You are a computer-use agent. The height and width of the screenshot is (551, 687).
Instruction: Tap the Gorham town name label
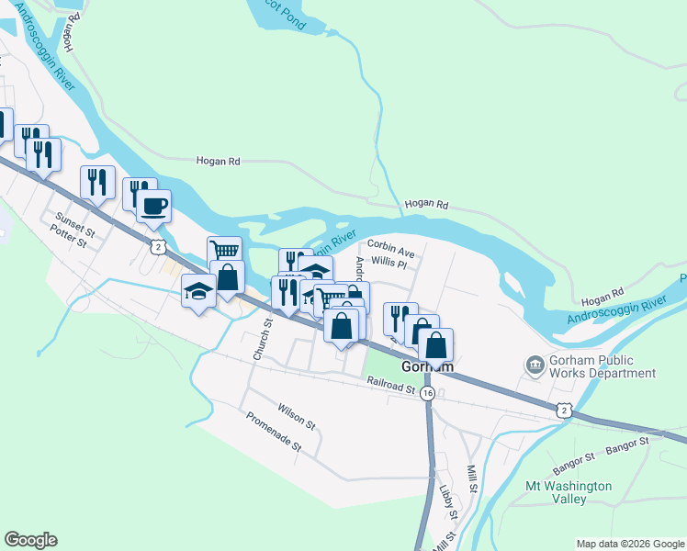(429, 365)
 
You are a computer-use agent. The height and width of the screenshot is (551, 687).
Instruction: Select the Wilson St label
(296, 420)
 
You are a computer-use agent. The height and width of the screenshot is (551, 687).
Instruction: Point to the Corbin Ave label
(391, 245)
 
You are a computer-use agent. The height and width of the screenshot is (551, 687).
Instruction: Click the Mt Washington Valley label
(569, 492)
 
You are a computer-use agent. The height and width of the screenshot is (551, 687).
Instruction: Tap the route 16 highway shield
(428, 393)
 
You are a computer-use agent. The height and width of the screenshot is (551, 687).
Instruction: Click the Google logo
(30, 540)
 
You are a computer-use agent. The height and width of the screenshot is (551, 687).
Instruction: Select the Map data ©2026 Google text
(629, 544)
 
